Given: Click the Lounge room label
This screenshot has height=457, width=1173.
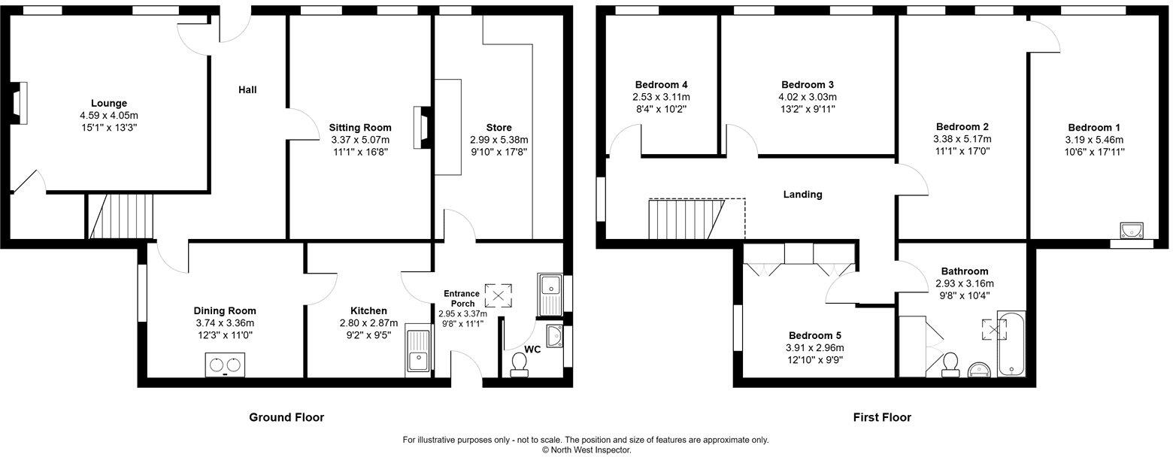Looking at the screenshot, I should tap(109, 103).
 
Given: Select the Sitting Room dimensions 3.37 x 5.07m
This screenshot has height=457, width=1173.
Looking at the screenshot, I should tap(361, 140).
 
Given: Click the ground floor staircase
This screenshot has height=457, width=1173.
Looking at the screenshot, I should tap(120, 216).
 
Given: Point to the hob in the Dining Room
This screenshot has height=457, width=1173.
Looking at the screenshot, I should tap(225, 365).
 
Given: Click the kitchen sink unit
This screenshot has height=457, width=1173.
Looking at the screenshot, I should tap(418, 349).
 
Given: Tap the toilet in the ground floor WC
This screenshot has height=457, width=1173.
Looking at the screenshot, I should tap(519, 364).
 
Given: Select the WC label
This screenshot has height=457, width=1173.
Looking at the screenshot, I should tap(532, 350).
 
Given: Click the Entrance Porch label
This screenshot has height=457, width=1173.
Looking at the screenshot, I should tap(461, 298).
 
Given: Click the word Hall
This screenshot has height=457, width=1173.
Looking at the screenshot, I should tap(247, 90).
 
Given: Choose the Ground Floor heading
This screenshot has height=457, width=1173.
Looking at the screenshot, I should tap(286, 417).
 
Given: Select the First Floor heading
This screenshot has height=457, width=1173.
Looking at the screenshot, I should tap(882, 417).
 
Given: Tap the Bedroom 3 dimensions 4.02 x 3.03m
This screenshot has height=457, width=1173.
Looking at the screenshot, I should tap(808, 97).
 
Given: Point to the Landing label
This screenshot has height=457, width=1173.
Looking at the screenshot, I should tap(802, 195).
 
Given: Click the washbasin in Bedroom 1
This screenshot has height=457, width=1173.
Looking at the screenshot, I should tap(1131, 229).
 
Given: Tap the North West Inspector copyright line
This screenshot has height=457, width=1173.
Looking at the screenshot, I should tap(586, 450).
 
